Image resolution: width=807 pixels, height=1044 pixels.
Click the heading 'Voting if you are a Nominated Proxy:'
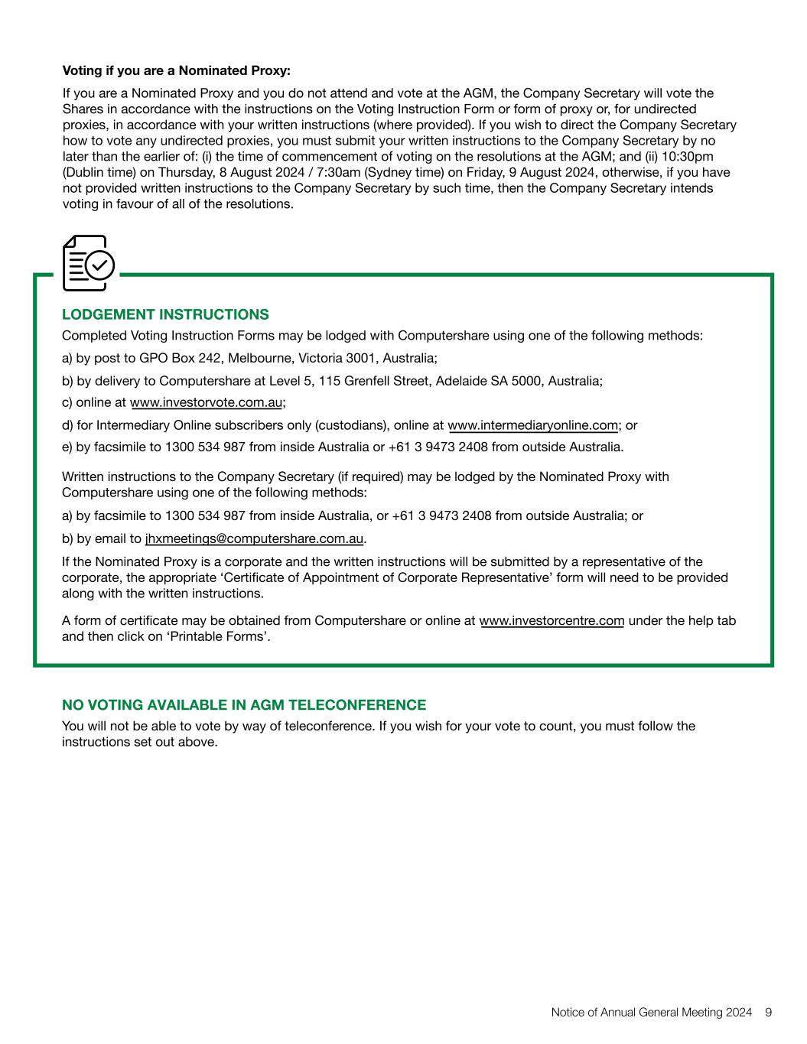pos(176,71)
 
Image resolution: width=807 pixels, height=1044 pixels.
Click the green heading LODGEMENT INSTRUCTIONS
pos(165,314)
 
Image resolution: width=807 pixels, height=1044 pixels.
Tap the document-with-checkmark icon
pos(88,263)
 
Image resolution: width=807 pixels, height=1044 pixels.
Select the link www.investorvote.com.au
pos(207,403)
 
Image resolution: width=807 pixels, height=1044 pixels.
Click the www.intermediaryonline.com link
pos(532,425)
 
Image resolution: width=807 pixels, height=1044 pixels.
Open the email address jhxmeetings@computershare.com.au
pos(254,538)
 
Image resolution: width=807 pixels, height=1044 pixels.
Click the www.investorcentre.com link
pos(552,620)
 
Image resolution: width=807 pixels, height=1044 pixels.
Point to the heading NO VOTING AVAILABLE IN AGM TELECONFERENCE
pos(244,704)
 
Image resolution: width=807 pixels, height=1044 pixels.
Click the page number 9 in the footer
pos(768,1012)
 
